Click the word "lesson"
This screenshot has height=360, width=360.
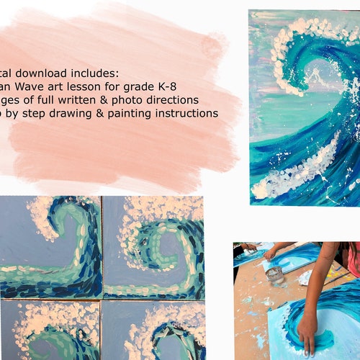(x=84, y=86)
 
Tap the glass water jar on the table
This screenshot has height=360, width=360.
(x=274, y=276)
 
